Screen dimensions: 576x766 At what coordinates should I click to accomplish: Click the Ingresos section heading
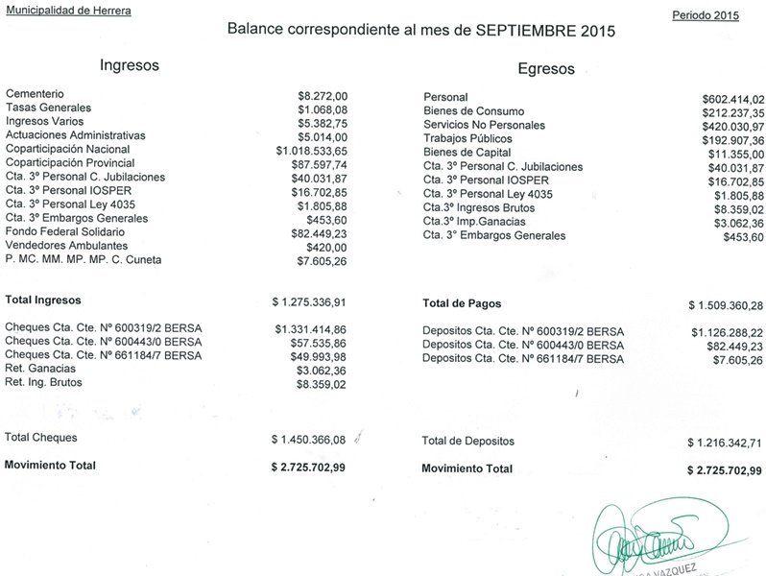(130, 66)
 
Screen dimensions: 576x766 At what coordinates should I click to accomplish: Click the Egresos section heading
(545, 69)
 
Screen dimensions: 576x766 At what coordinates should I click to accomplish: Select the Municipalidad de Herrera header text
(69, 11)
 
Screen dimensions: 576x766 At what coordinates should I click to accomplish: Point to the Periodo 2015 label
(706, 15)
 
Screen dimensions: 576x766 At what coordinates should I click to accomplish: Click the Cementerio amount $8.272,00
(322, 95)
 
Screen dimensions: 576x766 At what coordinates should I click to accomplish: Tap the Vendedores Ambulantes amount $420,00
(326, 247)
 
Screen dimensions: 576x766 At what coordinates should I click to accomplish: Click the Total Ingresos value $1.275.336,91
(308, 302)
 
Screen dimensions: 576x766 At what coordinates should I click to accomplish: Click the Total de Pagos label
(464, 303)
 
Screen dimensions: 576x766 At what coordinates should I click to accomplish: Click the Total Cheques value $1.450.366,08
(308, 440)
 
